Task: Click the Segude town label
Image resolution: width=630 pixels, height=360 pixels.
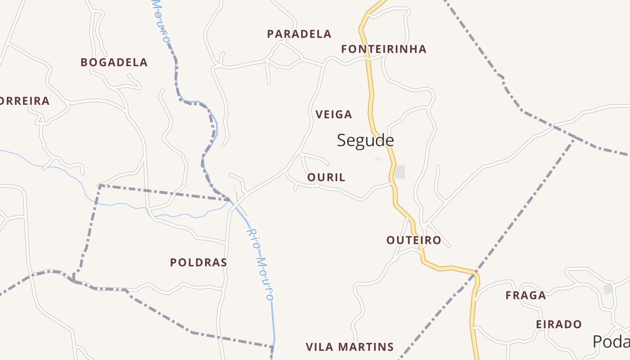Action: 365,140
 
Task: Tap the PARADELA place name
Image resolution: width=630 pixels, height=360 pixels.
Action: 299,34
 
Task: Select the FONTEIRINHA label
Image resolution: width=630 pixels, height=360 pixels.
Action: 383,49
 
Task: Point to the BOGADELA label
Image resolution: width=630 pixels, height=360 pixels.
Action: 114,63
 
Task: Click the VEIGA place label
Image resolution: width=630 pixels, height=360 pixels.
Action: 334,115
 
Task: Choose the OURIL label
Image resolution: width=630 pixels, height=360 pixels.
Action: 326,178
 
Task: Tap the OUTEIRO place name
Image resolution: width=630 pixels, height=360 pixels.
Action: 414,240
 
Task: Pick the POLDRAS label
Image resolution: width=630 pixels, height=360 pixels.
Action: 198,262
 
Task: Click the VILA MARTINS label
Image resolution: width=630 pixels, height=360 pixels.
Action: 350,347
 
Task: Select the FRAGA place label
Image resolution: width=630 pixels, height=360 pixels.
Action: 526,296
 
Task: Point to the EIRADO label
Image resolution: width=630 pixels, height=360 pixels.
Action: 559,324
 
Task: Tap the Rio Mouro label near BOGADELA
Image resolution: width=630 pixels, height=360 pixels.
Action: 161,22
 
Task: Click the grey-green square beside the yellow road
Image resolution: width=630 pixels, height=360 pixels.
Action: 400,172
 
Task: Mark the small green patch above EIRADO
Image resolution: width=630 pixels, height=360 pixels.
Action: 608,289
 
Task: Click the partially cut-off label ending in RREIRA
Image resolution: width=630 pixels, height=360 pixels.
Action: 24,101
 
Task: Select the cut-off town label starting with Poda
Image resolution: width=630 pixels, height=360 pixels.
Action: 611,342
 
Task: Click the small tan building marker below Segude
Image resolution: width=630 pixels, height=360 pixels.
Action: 378,159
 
